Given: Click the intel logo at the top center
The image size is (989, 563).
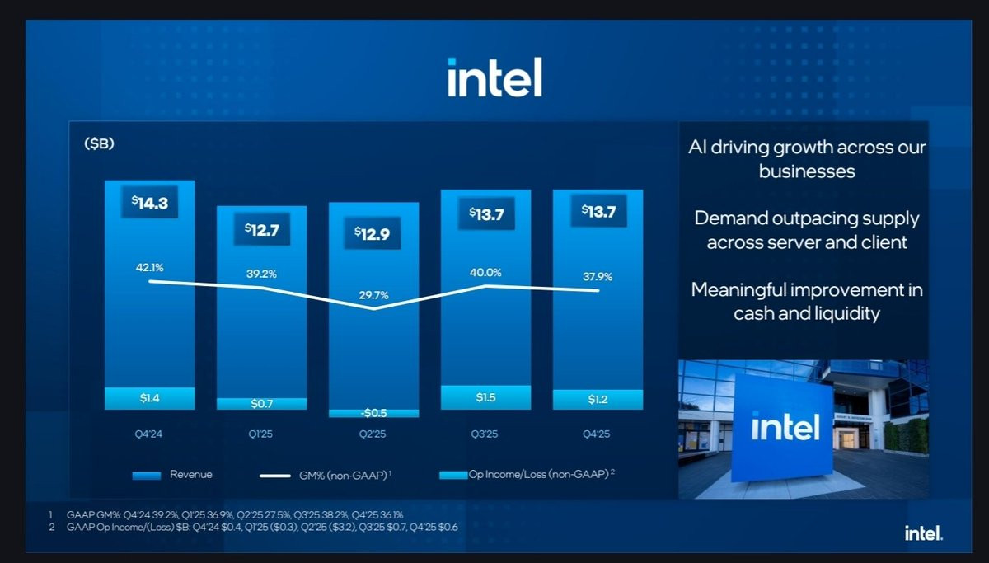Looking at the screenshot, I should [494, 77].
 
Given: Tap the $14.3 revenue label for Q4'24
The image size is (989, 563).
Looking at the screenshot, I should [149, 203].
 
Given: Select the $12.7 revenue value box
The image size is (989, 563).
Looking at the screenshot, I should [261, 230].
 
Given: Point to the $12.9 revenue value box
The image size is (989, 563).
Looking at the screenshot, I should [373, 233].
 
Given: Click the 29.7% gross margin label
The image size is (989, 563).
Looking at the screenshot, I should [373, 294].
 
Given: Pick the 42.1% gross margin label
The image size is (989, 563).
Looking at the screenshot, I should [150, 267].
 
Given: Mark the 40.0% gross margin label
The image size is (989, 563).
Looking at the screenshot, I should [485, 272].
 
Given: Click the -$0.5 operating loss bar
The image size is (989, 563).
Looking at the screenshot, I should [373, 413].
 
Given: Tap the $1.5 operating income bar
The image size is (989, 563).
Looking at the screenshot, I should [485, 398].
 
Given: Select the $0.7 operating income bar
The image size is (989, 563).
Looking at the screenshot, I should [261, 404].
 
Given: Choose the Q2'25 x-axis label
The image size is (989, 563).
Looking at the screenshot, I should [373, 434].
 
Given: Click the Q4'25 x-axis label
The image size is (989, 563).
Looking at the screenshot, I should [598, 434].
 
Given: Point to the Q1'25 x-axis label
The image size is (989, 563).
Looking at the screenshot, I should [261, 434].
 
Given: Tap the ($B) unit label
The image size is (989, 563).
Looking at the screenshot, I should [99, 144].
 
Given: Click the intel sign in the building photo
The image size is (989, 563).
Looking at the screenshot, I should [785, 427].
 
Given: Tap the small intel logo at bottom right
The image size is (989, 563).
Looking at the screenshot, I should [924, 534].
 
